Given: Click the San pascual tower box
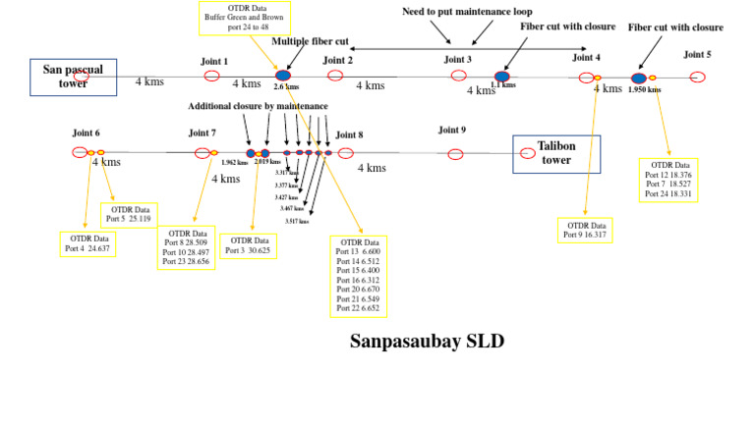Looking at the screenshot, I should pyautogui.click(x=74, y=77).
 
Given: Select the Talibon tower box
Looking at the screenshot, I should pyautogui.click(x=556, y=152).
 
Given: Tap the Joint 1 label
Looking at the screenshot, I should pyautogui.click(x=213, y=61).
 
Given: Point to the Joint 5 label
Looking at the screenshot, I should pyautogui.click(x=697, y=54).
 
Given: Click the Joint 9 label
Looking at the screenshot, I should pyautogui.click(x=452, y=130).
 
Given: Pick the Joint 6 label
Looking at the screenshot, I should pyautogui.click(x=86, y=133).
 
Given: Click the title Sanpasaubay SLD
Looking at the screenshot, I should pyautogui.click(x=427, y=341).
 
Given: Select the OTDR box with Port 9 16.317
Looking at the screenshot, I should pyautogui.click(x=585, y=230).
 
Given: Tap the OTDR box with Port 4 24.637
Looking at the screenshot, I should pyautogui.click(x=87, y=243).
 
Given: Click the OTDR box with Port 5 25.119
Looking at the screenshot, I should pyautogui.click(x=129, y=214).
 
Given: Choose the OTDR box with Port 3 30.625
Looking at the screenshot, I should pyautogui.click(x=248, y=245).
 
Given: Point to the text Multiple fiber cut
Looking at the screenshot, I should pyautogui.click(x=310, y=41).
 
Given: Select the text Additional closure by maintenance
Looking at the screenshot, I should pyautogui.click(x=258, y=105).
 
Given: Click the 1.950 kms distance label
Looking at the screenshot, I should pyautogui.click(x=644, y=89).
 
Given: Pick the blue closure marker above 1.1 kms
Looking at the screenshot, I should pyautogui.click(x=502, y=76).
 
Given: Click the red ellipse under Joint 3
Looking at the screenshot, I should pyautogui.click(x=458, y=76).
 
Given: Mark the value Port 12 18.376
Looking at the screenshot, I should pyautogui.click(x=668, y=174).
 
